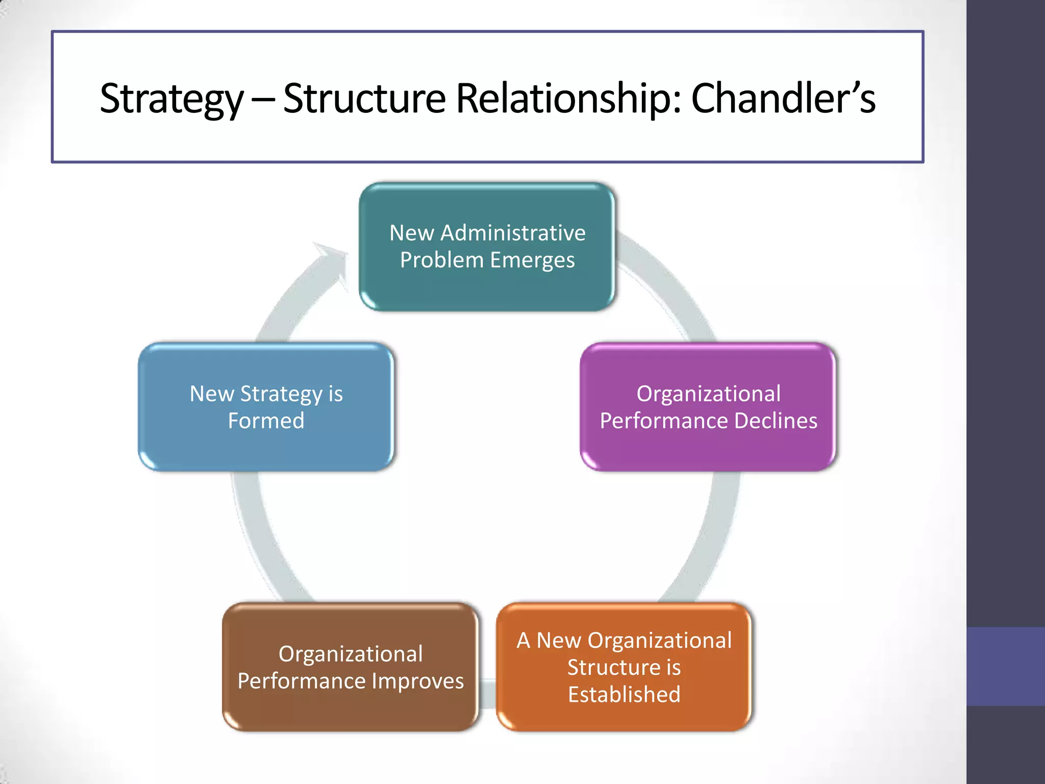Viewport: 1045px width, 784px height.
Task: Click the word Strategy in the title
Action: click(x=172, y=99)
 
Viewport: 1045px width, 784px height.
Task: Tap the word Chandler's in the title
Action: click(x=783, y=98)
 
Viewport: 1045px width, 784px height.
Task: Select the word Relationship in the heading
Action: click(x=568, y=98)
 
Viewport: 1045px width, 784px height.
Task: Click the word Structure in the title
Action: click(x=364, y=98)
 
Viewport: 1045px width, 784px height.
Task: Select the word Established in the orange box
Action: click(x=624, y=695)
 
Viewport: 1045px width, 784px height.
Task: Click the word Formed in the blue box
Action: click(x=266, y=421)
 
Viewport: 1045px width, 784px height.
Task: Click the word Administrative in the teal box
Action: click(x=513, y=233)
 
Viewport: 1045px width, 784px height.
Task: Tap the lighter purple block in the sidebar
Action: click(x=1005, y=666)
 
